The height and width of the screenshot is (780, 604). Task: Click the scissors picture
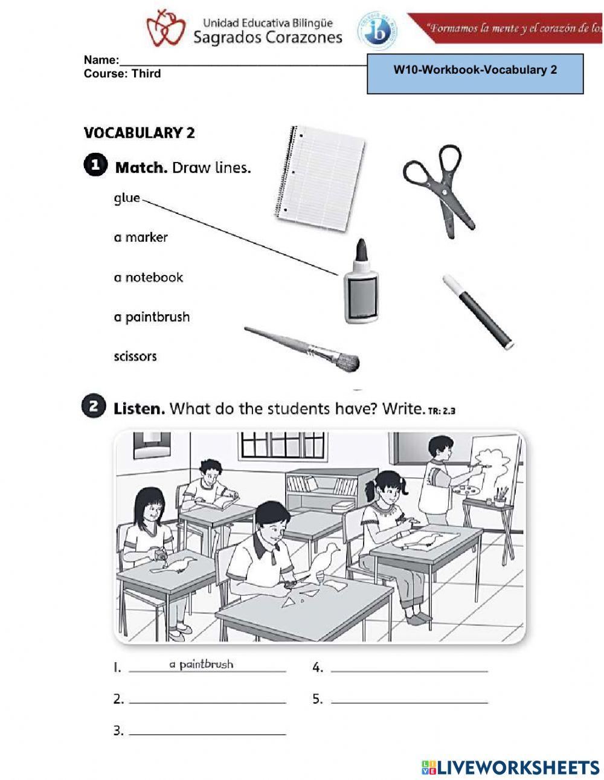[439, 189]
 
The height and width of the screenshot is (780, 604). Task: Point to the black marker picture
[477, 311]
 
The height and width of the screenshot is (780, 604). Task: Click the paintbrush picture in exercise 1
[302, 348]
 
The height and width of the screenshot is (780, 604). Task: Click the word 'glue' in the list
[127, 198]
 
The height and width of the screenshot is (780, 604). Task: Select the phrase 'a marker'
[141, 237]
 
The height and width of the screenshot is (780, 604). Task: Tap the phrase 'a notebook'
[149, 277]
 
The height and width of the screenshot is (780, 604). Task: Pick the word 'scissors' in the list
[135, 356]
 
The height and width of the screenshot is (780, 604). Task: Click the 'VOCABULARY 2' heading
[140, 133]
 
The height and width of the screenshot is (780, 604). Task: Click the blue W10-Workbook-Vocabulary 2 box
[475, 73]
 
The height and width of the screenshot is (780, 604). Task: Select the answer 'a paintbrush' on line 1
[201, 665]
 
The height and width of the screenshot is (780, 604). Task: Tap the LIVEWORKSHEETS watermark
[510, 767]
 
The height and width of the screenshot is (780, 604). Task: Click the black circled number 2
[94, 408]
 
